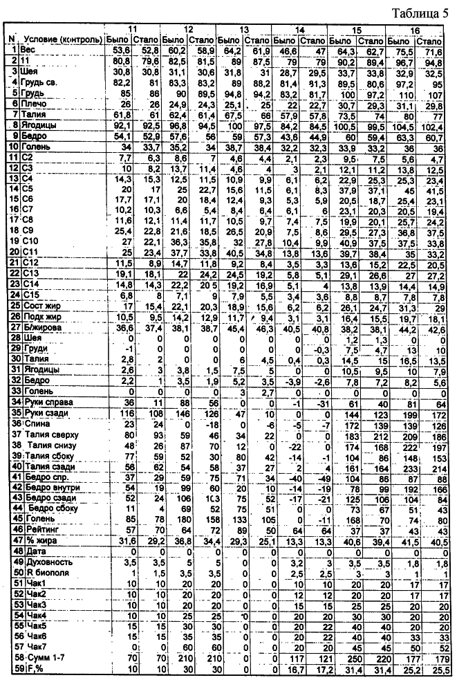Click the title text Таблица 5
point(421,13)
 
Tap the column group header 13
point(243,30)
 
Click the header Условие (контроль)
point(63,39)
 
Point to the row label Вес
point(28,50)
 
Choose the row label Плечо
point(32,102)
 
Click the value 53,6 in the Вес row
point(122,50)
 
